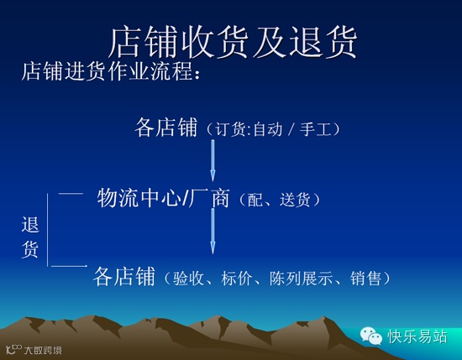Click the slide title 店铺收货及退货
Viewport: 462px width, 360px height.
(x=233, y=42)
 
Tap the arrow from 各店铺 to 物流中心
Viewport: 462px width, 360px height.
(x=213, y=160)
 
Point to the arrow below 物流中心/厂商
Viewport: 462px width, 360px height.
(x=213, y=231)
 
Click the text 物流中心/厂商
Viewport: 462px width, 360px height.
(x=164, y=198)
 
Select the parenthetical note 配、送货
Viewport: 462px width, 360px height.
(x=279, y=201)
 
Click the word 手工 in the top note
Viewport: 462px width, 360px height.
(x=315, y=129)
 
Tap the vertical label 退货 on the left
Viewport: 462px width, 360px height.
(x=30, y=237)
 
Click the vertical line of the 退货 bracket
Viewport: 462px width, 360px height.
(x=47, y=230)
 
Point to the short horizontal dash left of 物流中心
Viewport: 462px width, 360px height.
(x=71, y=193)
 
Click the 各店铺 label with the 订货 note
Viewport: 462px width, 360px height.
(x=165, y=128)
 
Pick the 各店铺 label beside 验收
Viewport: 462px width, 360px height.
(x=124, y=276)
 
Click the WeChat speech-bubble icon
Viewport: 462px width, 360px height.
(x=371, y=336)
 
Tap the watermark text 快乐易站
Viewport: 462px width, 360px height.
(x=417, y=337)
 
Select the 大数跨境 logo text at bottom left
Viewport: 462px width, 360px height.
(x=43, y=350)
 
